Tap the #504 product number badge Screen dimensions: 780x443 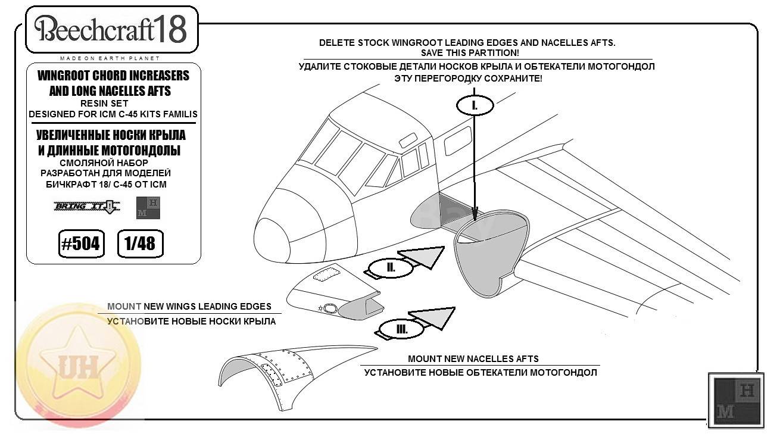(82, 244)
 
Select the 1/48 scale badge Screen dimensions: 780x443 (141, 244)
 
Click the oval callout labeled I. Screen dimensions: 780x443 (475, 105)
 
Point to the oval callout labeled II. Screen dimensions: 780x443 (391, 268)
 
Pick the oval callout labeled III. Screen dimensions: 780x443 (401, 329)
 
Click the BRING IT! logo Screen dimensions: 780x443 (87, 207)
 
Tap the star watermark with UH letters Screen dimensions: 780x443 (79, 366)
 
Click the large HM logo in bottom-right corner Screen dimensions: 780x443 (736, 400)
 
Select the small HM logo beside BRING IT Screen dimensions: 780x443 (148, 208)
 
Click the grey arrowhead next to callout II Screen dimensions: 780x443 (423, 257)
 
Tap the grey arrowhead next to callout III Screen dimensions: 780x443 (433, 318)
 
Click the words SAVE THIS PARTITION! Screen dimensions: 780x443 (470, 53)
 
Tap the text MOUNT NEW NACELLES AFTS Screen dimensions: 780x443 (473, 358)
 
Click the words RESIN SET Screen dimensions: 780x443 (104, 104)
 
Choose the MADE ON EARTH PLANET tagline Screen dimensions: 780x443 (110, 58)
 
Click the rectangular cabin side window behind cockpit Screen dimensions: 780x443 (458, 141)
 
